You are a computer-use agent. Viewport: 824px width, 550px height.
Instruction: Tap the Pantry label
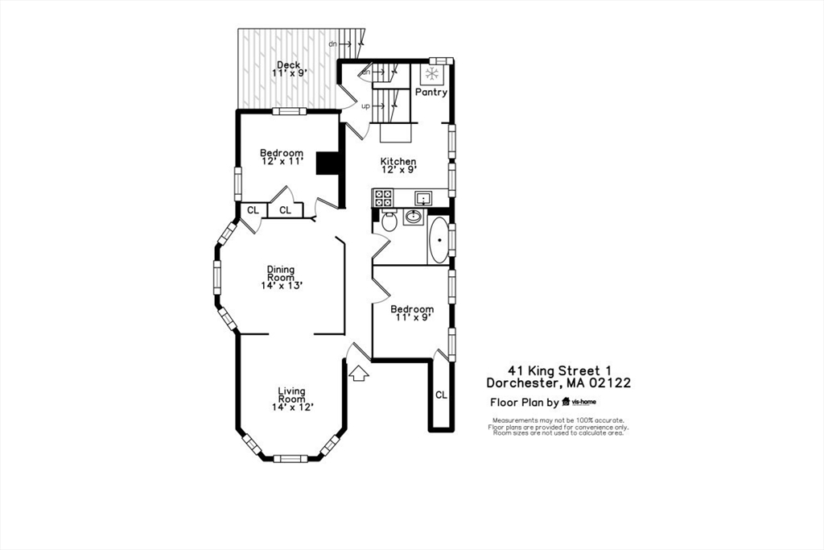click(x=431, y=93)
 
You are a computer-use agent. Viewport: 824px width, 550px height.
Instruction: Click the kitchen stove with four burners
click(x=382, y=197)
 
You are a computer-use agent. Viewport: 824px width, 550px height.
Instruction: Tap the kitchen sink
click(x=422, y=197)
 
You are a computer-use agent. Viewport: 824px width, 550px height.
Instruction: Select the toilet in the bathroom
click(x=389, y=221)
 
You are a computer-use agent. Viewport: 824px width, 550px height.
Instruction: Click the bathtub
click(x=439, y=239)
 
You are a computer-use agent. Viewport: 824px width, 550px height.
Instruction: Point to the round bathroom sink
click(x=414, y=217)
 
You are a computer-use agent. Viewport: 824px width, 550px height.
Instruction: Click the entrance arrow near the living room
click(x=358, y=372)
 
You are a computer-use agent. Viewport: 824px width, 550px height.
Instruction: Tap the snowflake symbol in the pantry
click(x=433, y=74)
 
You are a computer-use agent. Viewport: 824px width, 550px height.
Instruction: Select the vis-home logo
click(x=579, y=402)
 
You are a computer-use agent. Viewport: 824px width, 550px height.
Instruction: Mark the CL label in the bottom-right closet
click(x=441, y=395)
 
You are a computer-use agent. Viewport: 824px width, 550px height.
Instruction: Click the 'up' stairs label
click(x=365, y=106)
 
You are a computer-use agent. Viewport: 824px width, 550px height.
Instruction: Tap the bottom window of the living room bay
click(x=290, y=458)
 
